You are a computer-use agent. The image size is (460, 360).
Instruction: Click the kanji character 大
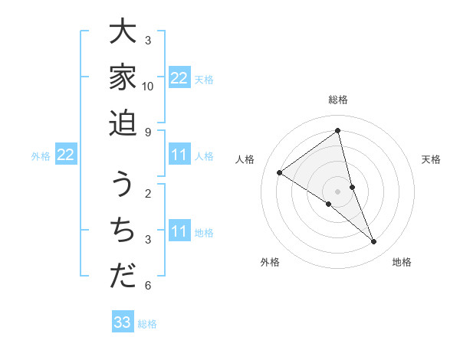pyautogui.click(x=123, y=33)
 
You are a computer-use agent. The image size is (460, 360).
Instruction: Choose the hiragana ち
pyautogui.click(x=123, y=231)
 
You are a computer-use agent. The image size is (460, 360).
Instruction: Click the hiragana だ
pyautogui.click(x=123, y=276)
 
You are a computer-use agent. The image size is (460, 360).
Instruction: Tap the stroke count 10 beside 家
pyautogui.click(x=148, y=86)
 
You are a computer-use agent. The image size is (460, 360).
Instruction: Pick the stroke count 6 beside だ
pyautogui.click(x=148, y=286)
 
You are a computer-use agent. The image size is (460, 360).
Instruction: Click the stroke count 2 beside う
pyautogui.click(x=148, y=193)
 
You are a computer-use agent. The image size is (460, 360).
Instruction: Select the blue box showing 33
pyautogui.click(x=123, y=322)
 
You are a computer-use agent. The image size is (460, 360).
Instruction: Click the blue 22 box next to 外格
pyautogui.click(x=66, y=155)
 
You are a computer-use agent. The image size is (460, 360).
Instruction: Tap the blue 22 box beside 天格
pyautogui.click(x=179, y=78)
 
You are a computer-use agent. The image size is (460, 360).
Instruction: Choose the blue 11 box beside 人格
pyautogui.click(x=179, y=155)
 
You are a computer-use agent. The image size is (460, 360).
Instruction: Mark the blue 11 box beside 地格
pyautogui.click(x=179, y=231)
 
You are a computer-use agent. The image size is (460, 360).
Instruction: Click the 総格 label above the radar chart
pyautogui.click(x=337, y=100)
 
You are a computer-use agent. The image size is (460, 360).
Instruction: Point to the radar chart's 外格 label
pyautogui.click(x=270, y=262)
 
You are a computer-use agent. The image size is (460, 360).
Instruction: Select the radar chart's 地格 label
pyautogui.click(x=402, y=262)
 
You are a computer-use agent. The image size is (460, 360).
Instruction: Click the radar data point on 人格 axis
pyautogui.click(x=280, y=172)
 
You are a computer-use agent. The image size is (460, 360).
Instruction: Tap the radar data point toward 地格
pyautogui.click(x=373, y=242)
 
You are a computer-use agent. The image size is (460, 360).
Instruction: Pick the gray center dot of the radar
pyautogui.click(x=337, y=191)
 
